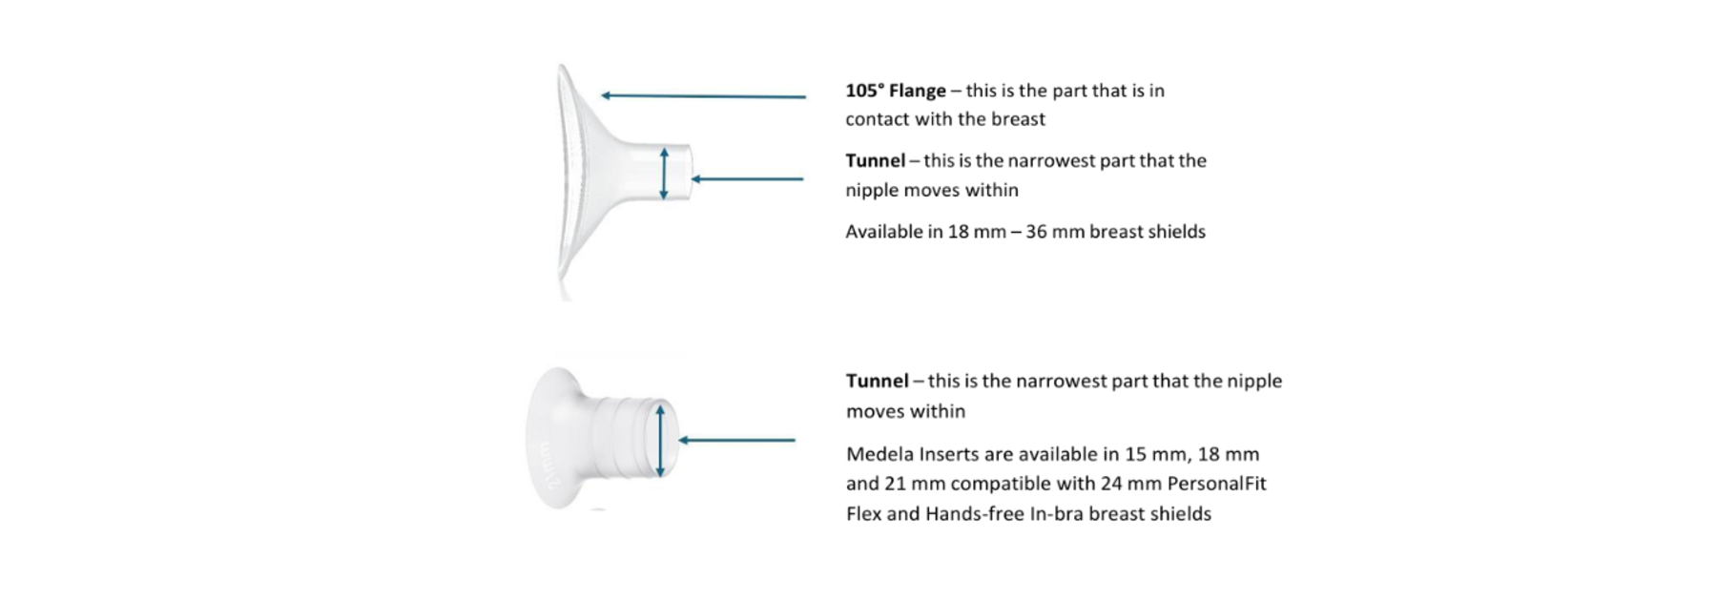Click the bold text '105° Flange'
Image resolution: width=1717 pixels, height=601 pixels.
(896, 91)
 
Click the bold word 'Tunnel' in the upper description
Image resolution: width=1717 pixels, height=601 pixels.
(876, 160)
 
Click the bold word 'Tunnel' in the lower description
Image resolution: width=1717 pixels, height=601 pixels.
(877, 381)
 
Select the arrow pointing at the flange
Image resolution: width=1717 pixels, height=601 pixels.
(703, 95)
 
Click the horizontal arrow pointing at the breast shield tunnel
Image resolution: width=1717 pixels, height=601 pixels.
(747, 178)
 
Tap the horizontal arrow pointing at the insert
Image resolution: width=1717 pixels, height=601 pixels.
(736, 440)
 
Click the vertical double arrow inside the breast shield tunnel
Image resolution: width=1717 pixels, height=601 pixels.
(664, 174)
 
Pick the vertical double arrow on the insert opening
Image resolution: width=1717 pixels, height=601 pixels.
(660, 440)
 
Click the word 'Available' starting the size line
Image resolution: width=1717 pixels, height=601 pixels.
(884, 232)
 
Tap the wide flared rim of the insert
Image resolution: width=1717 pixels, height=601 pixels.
(550, 439)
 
